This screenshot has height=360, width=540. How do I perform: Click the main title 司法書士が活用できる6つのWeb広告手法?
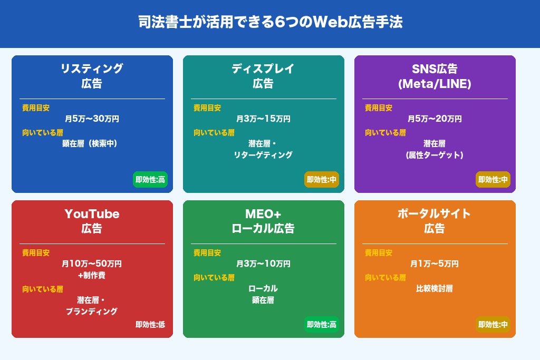tap(271, 22)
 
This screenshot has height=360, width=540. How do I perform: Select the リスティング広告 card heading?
tap(92, 76)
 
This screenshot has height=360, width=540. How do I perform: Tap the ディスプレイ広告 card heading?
tap(263, 76)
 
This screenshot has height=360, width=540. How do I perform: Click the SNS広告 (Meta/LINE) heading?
tap(435, 76)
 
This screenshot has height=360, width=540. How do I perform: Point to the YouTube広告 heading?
tap(92, 221)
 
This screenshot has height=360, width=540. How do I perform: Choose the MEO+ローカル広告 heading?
tap(263, 221)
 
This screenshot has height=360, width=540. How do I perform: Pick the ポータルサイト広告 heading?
tap(435, 221)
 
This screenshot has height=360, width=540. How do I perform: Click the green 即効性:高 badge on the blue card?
tap(150, 179)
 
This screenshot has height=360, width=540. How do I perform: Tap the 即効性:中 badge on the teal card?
tap(322, 179)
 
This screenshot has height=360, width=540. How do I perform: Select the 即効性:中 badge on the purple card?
tap(493, 179)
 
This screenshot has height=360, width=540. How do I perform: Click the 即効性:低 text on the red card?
tap(150, 325)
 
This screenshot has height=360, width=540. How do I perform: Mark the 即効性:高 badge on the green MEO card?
tap(322, 325)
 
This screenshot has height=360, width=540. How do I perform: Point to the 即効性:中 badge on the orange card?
tap(493, 325)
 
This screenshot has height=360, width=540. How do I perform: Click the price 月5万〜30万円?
tap(92, 119)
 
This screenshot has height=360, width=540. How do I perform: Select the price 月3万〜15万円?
tap(263, 119)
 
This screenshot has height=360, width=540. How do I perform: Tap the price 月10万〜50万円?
tap(92, 264)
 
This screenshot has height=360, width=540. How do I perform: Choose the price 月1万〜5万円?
tap(435, 264)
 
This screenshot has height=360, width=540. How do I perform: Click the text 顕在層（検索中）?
tap(90, 143)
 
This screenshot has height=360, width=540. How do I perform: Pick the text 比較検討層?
tap(435, 288)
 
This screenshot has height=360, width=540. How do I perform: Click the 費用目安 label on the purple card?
tap(379, 108)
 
